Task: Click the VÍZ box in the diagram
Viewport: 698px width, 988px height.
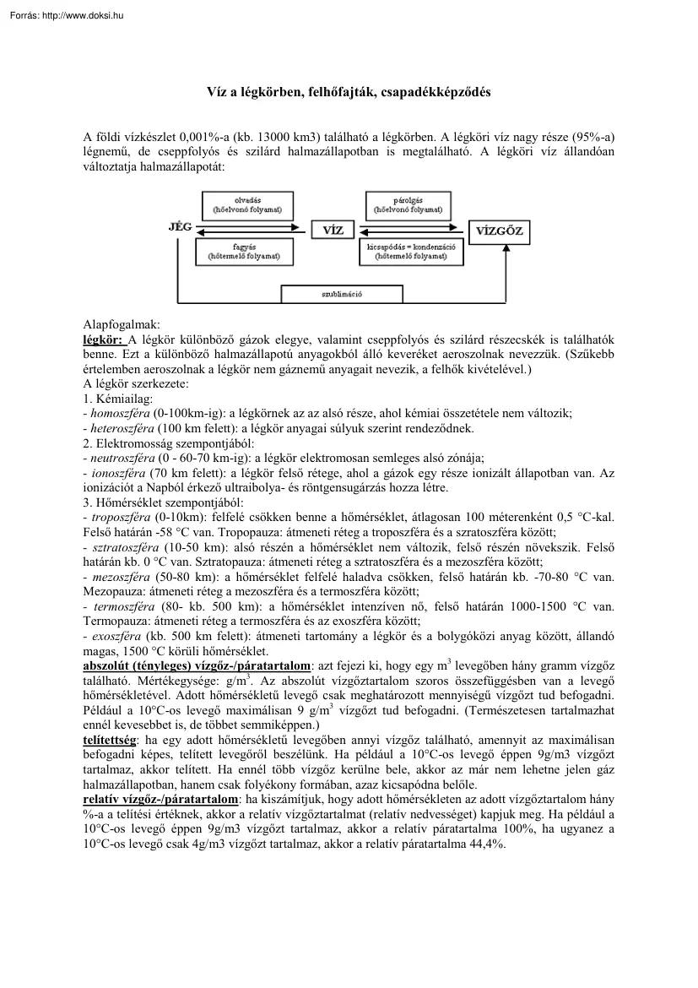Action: [x=333, y=230]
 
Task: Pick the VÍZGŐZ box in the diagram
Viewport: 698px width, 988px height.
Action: [x=499, y=230]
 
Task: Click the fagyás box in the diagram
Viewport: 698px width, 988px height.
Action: [x=245, y=251]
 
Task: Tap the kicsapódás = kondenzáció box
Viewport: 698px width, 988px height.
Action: [x=411, y=251]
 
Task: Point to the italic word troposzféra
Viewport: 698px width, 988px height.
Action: [x=119, y=514]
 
